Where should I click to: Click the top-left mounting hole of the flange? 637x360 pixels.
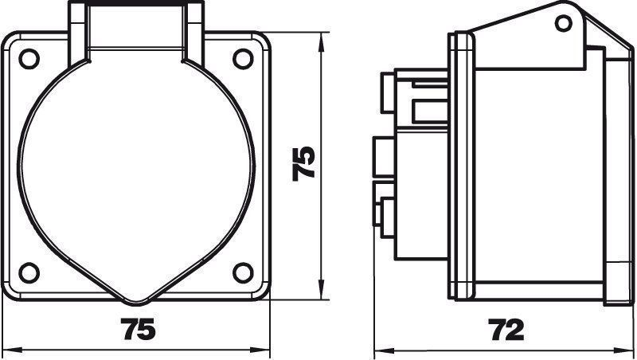click(x=29, y=58)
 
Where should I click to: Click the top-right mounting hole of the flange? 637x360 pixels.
click(x=243, y=58)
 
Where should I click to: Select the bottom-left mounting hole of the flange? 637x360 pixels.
click(x=29, y=272)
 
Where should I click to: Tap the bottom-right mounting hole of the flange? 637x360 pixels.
click(x=243, y=272)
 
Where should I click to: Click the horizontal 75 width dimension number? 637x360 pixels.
click(x=138, y=329)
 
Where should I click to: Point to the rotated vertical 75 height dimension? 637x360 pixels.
click(x=303, y=163)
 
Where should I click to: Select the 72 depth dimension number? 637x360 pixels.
click(x=506, y=330)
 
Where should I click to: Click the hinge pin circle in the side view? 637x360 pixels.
click(x=564, y=23)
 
